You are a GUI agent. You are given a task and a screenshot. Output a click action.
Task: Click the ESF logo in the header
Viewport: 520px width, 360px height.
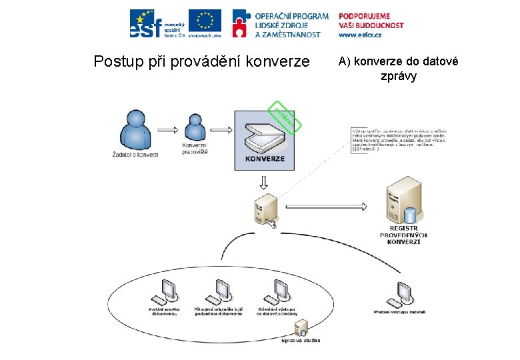coord(156,23)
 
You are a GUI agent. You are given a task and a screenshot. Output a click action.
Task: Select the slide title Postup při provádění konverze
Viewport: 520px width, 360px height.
coord(202,62)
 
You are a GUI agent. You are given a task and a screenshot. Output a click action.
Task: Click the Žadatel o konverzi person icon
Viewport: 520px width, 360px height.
coord(135,131)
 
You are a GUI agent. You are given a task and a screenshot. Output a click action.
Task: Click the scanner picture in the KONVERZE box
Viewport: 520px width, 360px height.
coord(265,137)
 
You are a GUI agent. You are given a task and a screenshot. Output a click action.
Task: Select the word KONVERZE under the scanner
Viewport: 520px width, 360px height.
coord(265,159)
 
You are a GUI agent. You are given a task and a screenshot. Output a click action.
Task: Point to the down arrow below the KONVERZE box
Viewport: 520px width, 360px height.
coord(265,182)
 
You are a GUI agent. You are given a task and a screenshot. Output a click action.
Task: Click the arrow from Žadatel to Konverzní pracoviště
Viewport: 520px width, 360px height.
coord(167,129)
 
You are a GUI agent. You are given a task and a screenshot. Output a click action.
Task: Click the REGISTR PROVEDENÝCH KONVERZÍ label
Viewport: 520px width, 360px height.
coord(403,235)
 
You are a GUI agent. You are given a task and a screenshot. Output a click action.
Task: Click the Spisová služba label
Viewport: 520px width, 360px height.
coord(301,341)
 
